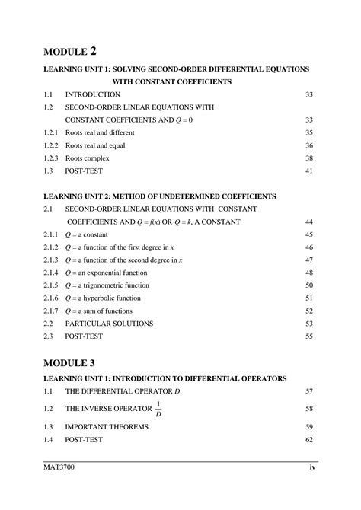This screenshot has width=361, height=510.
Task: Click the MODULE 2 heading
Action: pyautogui.click(x=70, y=52)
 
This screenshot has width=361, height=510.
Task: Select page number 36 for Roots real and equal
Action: pyautogui.click(x=309, y=145)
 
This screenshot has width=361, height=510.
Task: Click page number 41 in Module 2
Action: pyautogui.click(x=309, y=171)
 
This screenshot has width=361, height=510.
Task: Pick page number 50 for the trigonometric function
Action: pyautogui.click(x=309, y=285)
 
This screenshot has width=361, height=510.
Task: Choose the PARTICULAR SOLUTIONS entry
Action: pyautogui.click(x=109, y=323)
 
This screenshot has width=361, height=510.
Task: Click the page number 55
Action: pyautogui.click(x=309, y=336)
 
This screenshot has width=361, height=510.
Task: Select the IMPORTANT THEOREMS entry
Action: pyautogui.click(x=107, y=427)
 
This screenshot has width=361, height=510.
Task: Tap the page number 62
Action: pyautogui.click(x=309, y=440)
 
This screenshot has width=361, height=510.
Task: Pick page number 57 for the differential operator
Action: pyautogui.click(x=309, y=390)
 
